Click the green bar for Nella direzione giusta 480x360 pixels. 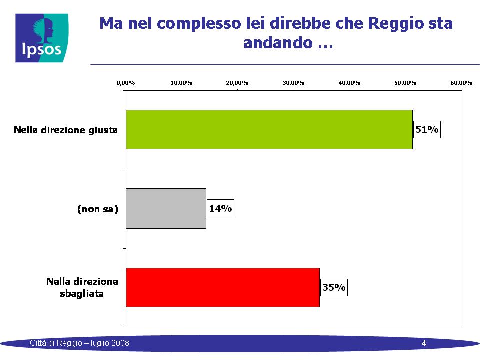point(269,130)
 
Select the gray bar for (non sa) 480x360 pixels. point(166,209)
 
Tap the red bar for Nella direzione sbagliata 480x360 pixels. point(223,288)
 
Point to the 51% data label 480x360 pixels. point(427,130)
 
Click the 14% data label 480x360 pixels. point(220,208)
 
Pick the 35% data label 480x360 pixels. point(334,288)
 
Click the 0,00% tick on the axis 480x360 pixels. point(126,83)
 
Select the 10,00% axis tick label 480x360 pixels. point(182,83)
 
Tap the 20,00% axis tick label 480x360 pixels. point(237,83)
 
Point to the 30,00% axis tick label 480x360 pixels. point(293,83)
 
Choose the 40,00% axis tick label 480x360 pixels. point(349,83)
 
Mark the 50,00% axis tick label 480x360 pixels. point(405,83)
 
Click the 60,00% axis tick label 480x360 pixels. point(461,83)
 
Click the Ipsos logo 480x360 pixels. point(42,38)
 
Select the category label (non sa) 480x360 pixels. point(98,209)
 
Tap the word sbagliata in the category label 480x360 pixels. point(82,294)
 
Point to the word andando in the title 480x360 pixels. point(278,43)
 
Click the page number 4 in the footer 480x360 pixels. point(424,343)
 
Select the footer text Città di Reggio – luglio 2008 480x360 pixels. point(79,343)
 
